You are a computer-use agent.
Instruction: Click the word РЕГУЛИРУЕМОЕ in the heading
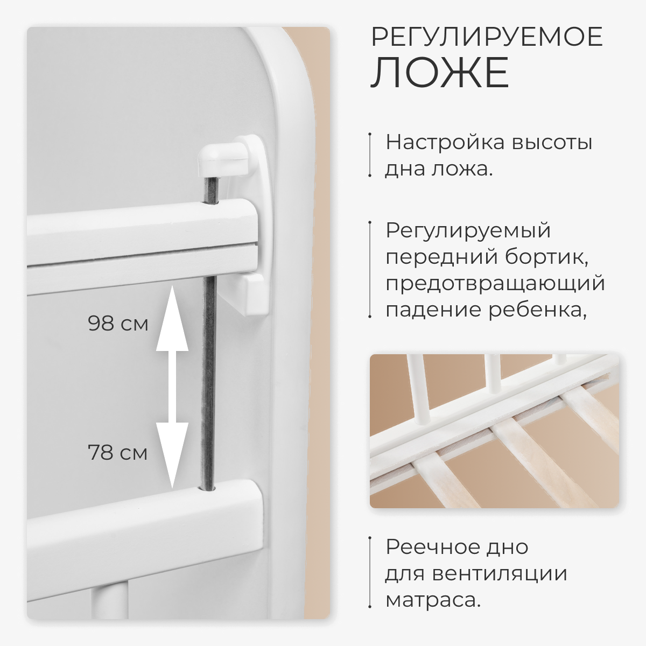(x=487, y=37)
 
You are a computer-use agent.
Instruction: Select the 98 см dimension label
(x=118, y=324)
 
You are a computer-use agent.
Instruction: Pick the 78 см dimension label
(x=118, y=452)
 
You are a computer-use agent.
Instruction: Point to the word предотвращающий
(x=495, y=283)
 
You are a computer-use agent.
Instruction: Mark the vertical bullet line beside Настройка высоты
(x=370, y=154)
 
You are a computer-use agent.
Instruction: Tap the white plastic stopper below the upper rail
(x=256, y=294)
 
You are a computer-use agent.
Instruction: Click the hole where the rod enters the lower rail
(x=207, y=489)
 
